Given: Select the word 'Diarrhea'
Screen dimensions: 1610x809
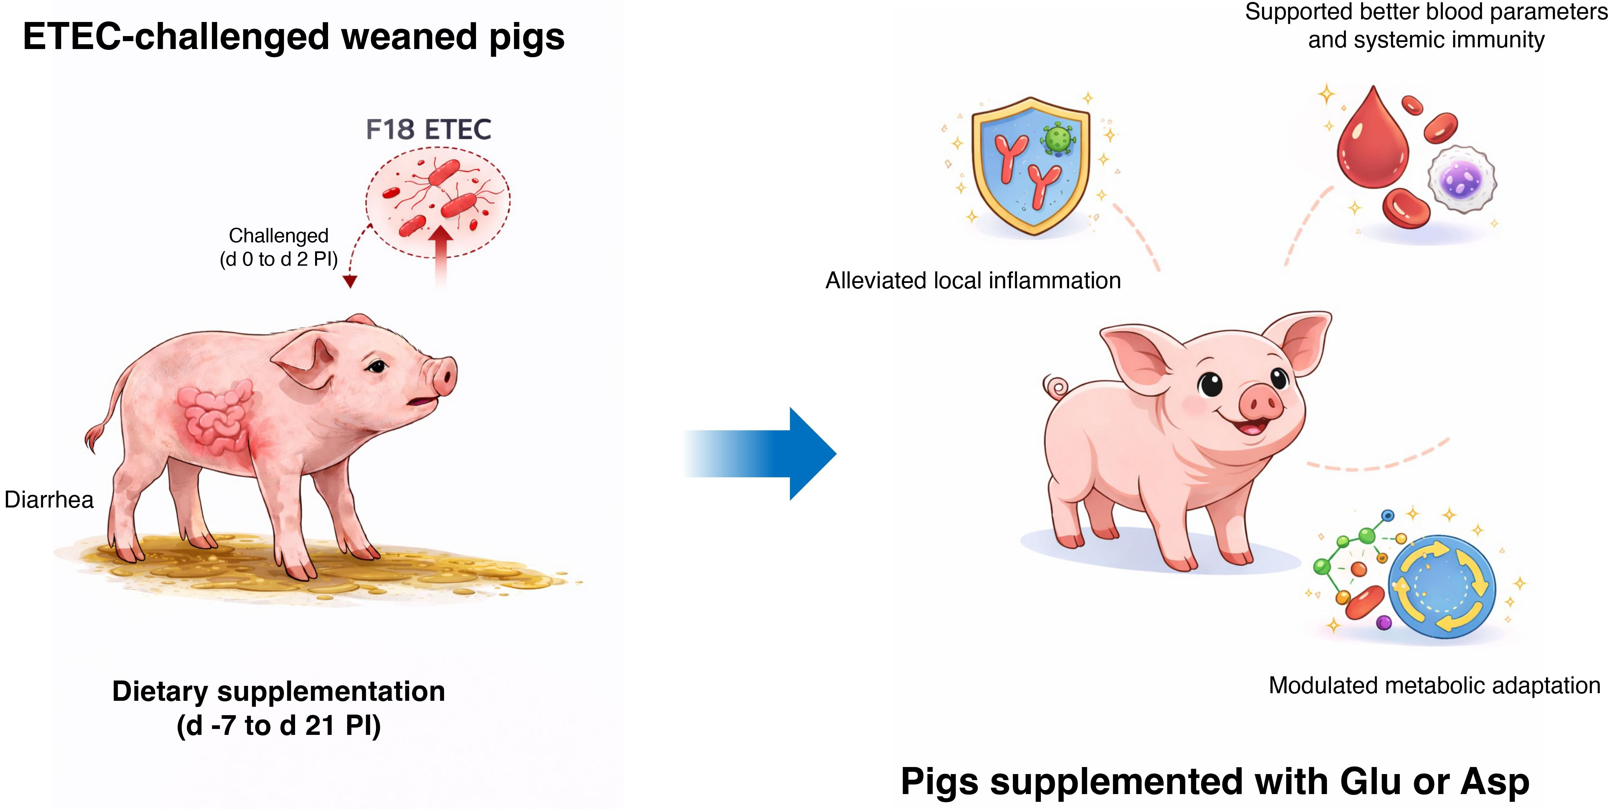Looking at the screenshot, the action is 49,500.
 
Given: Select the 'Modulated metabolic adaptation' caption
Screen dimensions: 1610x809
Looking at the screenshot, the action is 1434,685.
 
